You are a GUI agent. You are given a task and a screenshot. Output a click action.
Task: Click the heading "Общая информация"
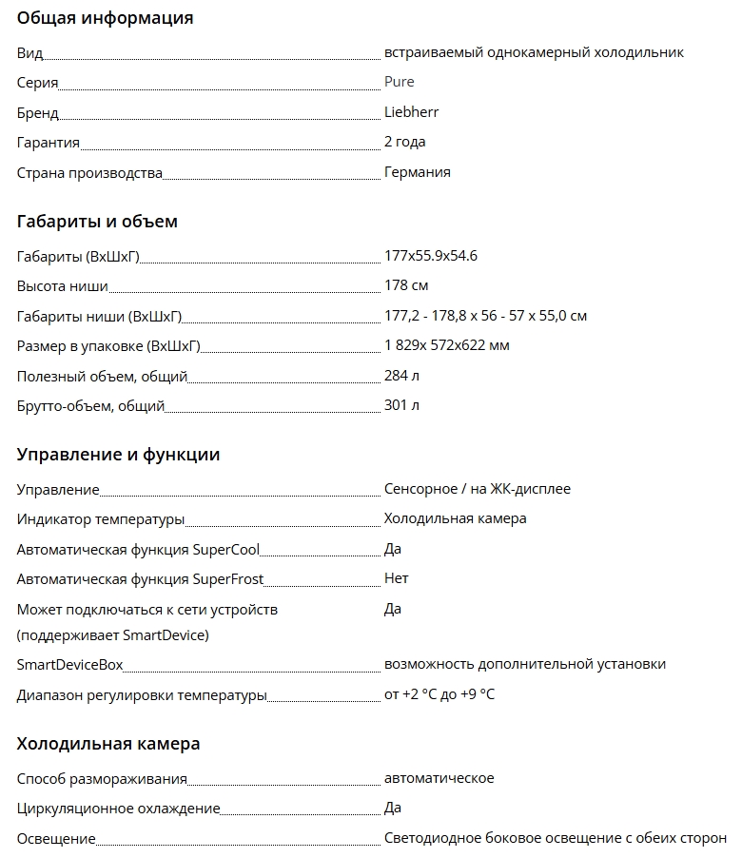tap(105, 18)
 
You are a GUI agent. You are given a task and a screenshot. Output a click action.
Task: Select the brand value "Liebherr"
tap(411, 112)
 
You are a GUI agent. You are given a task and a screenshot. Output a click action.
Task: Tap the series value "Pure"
tap(399, 82)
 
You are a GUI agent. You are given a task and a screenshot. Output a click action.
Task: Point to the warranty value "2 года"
tap(404, 142)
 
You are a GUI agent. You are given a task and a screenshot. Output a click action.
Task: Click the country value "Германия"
tap(417, 172)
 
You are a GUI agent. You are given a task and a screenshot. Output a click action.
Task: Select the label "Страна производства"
tap(89, 173)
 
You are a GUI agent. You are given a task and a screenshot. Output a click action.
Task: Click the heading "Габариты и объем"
tap(97, 222)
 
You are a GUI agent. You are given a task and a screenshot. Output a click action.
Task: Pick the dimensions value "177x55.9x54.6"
tap(430, 256)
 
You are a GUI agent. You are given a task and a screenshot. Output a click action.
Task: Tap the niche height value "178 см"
tap(406, 285)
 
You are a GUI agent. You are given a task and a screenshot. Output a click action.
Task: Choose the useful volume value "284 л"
tap(401, 376)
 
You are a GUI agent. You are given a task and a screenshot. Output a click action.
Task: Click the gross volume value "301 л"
tap(401, 405)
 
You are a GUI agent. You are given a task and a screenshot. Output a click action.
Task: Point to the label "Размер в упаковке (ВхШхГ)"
tap(108, 346)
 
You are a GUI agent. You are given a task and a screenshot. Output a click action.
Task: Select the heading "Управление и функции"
tap(118, 455)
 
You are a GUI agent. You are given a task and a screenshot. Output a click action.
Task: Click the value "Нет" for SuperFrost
tap(396, 578)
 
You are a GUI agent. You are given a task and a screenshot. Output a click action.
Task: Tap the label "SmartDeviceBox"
tap(69, 665)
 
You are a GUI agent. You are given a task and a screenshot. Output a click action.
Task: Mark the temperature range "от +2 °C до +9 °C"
tap(439, 694)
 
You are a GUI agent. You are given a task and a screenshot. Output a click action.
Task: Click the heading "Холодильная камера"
tap(108, 743)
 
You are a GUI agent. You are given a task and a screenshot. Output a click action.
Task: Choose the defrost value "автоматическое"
tap(439, 778)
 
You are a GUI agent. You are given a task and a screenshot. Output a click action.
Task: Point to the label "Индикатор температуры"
tap(100, 519)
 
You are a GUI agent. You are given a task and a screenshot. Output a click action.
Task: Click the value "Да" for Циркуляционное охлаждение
tap(392, 808)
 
